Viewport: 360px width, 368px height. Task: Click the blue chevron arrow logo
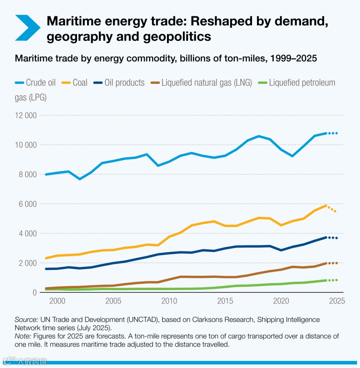click(27, 28)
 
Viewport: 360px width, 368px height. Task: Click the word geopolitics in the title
click(177, 36)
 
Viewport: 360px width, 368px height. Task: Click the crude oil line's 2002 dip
click(80, 179)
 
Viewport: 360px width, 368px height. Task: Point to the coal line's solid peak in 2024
click(326, 206)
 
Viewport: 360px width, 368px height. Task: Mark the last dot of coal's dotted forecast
click(335, 211)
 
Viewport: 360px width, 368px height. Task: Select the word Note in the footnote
click(22, 336)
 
